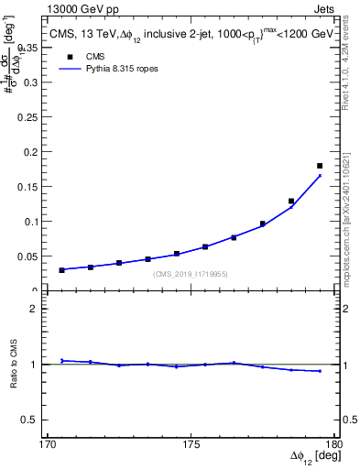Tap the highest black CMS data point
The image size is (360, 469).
click(320, 166)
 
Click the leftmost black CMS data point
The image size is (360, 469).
click(62, 270)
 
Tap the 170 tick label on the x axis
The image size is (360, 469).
click(49, 444)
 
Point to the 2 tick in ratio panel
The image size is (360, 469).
click(38, 309)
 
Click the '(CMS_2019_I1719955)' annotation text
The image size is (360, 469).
click(191, 274)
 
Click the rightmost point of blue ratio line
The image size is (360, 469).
click(320, 371)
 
